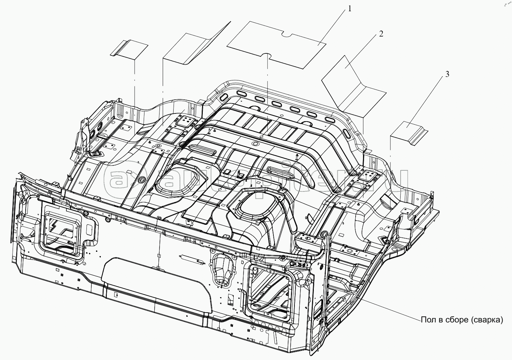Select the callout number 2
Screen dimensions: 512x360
(x=381, y=34)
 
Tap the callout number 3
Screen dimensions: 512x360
(x=447, y=74)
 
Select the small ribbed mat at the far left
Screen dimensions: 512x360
(x=129, y=50)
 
